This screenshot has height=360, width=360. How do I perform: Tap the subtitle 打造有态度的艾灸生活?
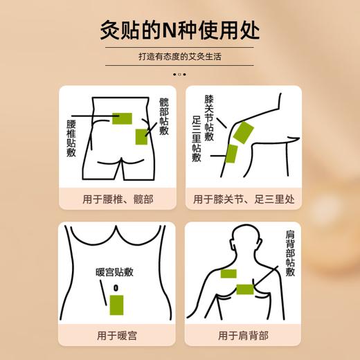(x=179, y=57)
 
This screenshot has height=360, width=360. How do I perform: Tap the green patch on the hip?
(x=141, y=137)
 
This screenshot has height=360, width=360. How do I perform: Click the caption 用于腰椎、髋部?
(x=118, y=199)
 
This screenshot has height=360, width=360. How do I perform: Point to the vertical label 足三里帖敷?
(x=196, y=138)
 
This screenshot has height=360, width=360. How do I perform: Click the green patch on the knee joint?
(x=244, y=132)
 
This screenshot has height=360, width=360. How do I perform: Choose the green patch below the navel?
(x=116, y=303)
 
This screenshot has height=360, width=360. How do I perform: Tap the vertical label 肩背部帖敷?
(x=290, y=253)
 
